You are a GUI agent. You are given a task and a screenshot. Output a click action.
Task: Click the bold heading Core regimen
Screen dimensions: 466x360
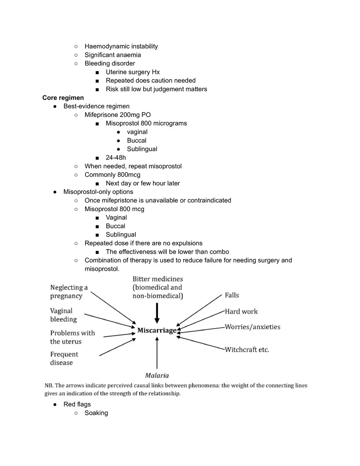pyautogui.click(x=63, y=98)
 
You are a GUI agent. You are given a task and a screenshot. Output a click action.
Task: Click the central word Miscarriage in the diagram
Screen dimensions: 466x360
pyautogui.click(x=157, y=330)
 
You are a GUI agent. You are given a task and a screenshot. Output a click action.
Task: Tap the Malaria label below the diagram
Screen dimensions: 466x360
pyautogui.click(x=157, y=375)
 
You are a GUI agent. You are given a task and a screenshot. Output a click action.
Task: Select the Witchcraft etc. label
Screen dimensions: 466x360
pyautogui.click(x=247, y=350)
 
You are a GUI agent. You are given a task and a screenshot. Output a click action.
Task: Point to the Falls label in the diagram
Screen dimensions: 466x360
pyautogui.click(x=232, y=295)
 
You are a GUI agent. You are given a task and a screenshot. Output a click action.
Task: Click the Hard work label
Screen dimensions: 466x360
pyautogui.click(x=241, y=311)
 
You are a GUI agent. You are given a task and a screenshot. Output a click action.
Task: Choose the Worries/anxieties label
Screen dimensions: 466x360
pyautogui.click(x=252, y=327)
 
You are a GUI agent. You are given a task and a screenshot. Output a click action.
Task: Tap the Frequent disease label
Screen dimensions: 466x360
pyautogui.click(x=64, y=358)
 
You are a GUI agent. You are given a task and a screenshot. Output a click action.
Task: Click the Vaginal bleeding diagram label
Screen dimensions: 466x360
pyautogui.click(x=63, y=315)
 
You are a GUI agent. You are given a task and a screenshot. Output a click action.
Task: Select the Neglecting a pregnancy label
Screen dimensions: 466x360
pyautogui.click(x=69, y=292)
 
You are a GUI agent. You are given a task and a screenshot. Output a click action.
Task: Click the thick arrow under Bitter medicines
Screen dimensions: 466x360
pyautogui.click(x=157, y=313)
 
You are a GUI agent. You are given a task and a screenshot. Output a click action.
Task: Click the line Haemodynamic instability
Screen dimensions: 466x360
pyautogui.click(x=121, y=46)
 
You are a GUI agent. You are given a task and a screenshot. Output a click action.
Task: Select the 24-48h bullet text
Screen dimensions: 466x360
pyautogui.click(x=116, y=158)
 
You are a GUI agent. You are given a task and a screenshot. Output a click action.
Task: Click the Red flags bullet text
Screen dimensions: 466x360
pyautogui.click(x=77, y=404)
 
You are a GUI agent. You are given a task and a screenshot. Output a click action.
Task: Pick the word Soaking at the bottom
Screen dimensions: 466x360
pyautogui.click(x=96, y=413)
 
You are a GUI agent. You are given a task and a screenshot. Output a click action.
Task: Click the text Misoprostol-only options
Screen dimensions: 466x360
pyautogui.click(x=98, y=192)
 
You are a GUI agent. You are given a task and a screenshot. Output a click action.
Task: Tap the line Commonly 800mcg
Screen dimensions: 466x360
pyautogui.click(x=112, y=175)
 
